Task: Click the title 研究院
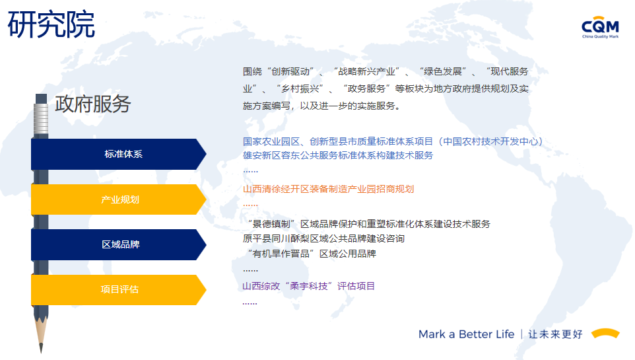coord(51,24)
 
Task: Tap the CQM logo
coord(600,27)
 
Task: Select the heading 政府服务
coord(92,104)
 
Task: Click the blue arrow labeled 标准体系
coord(119,154)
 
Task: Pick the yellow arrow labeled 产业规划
coord(119,199)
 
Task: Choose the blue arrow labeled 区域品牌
coord(119,244)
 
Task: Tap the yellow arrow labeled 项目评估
coord(119,290)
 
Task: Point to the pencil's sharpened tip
coord(41,351)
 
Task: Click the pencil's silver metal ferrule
coord(41,119)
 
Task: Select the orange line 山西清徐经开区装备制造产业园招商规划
coord(329,190)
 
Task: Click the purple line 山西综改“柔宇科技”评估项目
coord(309,286)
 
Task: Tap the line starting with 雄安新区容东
coord(338,155)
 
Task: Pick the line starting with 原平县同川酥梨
coord(323,238)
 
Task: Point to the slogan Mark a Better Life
coord(466,334)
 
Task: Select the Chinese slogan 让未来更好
coord(555,334)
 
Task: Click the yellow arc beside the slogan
coord(605,332)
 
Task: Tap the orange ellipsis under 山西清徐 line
coord(250,205)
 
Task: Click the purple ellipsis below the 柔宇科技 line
coord(250,303)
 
